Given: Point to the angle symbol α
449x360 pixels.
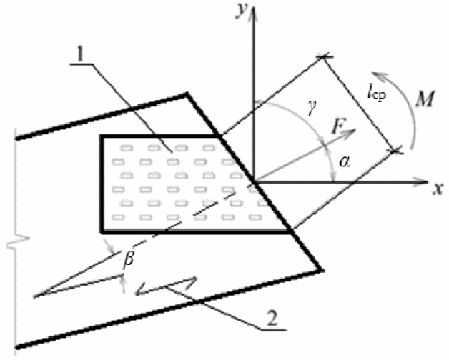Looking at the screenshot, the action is coord(345,162).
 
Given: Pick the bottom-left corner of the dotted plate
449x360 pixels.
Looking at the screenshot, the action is coord(102,231).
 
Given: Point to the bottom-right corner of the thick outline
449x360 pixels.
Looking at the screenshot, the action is coord(322,270).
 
